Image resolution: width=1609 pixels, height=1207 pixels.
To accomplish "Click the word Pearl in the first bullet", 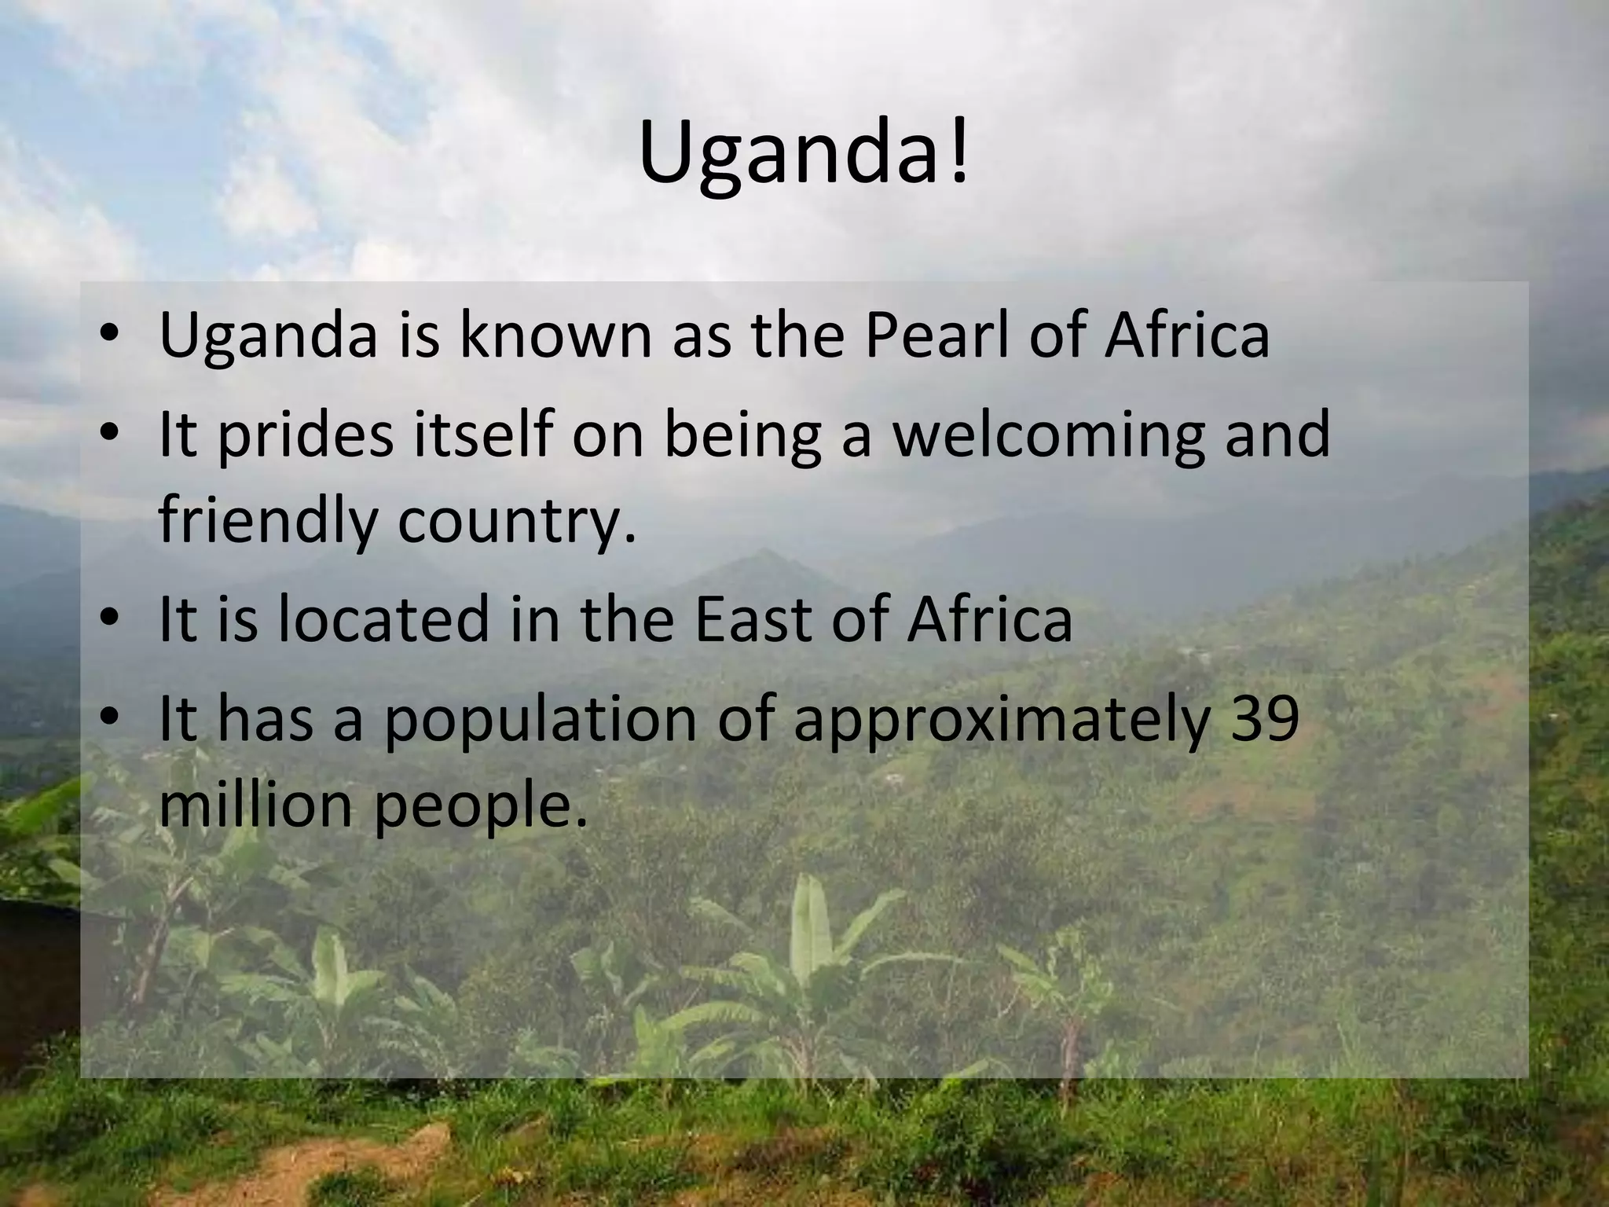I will [932, 336].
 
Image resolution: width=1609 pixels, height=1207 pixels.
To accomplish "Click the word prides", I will [305, 438].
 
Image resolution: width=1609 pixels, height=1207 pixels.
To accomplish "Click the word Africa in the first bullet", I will [1186, 336].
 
